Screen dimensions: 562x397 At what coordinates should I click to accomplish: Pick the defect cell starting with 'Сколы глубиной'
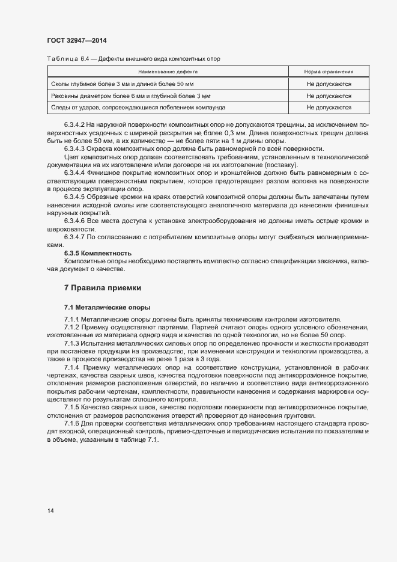(123, 84)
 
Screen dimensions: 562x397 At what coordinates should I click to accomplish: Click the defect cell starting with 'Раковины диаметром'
(130, 96)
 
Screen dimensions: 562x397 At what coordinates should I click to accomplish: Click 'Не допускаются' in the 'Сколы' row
(329, 84)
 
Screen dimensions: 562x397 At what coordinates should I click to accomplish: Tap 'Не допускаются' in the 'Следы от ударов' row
(329, 107)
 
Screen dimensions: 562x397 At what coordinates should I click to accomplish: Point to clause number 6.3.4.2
(75, 124)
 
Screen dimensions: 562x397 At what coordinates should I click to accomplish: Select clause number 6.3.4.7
(75, 238)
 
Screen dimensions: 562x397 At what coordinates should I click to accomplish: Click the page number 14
(50, 510)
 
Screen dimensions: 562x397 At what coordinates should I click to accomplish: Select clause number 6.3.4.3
(75, 148)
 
